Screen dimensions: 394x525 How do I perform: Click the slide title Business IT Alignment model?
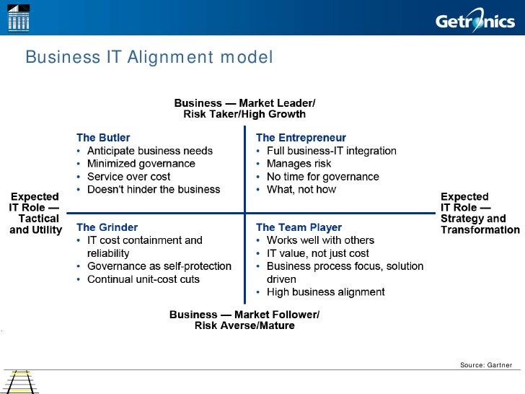(149, 57)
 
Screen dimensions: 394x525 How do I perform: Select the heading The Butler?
(103, 137)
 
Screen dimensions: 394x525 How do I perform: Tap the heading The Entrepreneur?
(301, 137)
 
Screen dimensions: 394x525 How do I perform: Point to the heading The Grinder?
(107, 227)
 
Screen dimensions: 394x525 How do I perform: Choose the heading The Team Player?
(299, 227)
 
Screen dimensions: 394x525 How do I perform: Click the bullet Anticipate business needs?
(149, 151)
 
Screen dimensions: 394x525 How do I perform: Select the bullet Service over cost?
(128, 177)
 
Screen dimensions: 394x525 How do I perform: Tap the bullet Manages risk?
(299, 164)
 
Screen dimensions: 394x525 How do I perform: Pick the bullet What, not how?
(301, 190)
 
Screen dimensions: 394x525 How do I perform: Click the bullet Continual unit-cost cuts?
(143, 279)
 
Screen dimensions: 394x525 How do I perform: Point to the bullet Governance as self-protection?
(159, 266)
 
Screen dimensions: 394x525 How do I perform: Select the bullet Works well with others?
(320, 240)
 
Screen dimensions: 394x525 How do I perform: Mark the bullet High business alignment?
(325, 292)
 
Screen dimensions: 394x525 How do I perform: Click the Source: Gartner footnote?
(486, 365)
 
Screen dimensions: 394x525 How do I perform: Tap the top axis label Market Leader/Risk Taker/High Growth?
(244, 108)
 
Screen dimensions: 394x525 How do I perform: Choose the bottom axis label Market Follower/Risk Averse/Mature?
(244, 320)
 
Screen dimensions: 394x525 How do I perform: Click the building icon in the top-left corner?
(18, 17)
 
